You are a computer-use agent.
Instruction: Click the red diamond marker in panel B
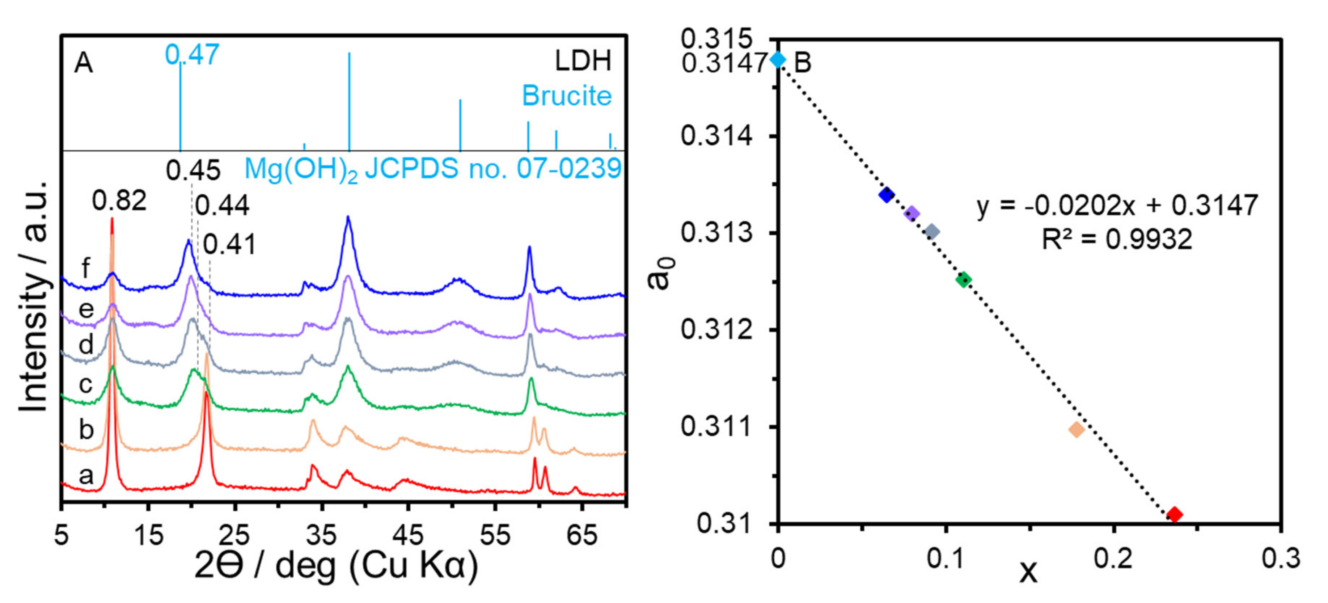tap(1174, 514)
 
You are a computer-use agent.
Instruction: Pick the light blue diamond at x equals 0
tap(778, 60)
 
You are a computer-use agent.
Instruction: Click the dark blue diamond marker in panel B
tap(886, 195)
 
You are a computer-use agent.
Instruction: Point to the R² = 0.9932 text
tap(1117, 239)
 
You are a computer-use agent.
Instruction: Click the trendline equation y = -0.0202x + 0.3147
tap(1117, 205)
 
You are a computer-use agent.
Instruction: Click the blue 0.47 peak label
tap(192, 55)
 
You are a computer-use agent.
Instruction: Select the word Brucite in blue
tap(567, 96)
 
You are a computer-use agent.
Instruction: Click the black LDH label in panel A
tap(583, 61)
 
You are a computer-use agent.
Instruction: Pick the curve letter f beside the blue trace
tap(85, 268)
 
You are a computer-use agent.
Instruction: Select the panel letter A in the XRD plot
tap(84, 64)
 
